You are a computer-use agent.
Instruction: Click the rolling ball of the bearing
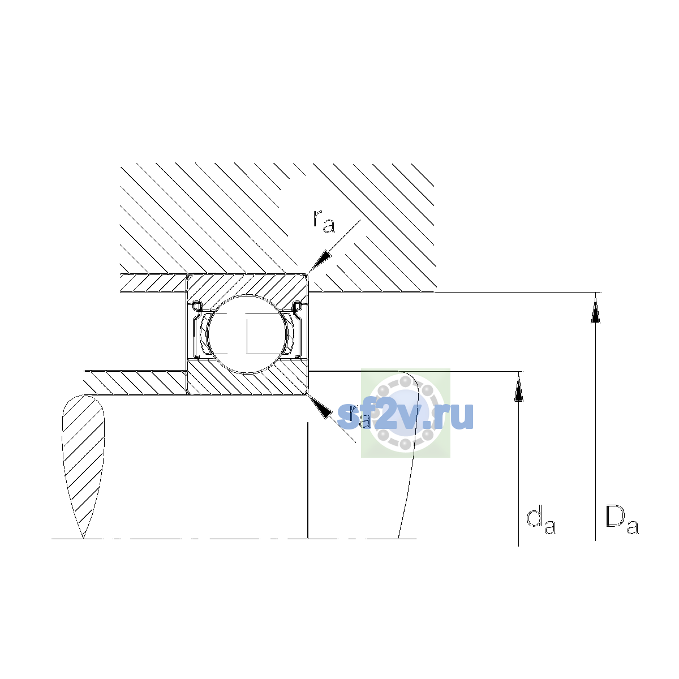tap(248, 334)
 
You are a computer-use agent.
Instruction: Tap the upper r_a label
tap(324, 222)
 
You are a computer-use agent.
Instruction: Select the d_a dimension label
tap(541, 522)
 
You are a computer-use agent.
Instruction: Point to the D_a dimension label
tap(621, 520)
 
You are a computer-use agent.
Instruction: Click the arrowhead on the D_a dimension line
tap(595, 309)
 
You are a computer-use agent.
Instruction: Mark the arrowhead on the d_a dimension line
tap(518, 388)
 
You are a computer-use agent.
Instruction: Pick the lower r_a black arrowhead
tap(320, 407)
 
